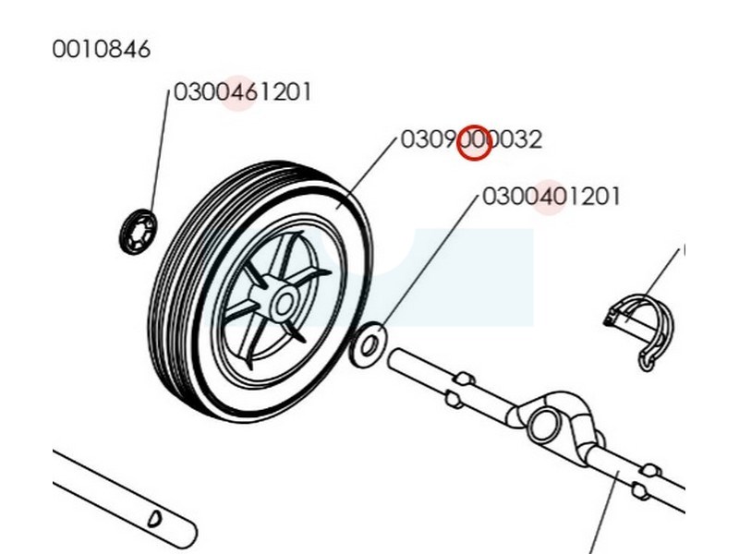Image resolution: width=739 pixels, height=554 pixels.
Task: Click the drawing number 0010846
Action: (101, 49)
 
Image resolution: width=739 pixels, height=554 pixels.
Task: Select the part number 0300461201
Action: (243, 92)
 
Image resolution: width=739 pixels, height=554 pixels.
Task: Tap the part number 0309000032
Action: (471, 140)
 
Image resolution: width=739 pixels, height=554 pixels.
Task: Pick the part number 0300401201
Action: (551, 197)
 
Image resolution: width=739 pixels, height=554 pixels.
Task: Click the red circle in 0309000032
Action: (475, 141)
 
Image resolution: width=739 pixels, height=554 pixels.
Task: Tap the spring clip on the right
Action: (643, 328)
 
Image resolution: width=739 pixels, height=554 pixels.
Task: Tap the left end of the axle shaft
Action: (397, 357)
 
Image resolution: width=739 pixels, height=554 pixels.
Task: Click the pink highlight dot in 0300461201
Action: (237, 92)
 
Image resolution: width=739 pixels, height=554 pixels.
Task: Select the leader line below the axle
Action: (605, 512)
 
